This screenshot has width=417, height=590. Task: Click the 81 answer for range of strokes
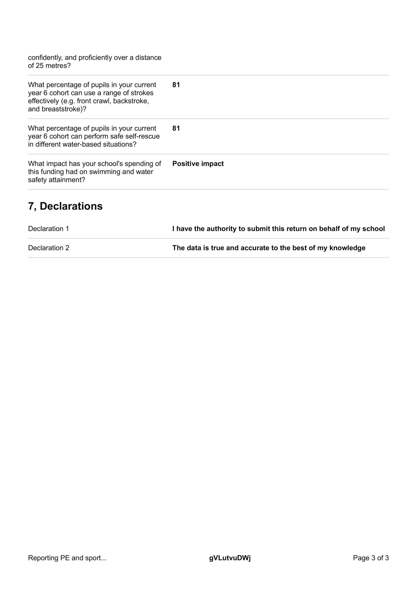coord(176,85)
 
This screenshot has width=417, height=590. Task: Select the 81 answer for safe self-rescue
coord(176,128)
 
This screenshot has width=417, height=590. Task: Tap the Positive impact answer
coord(198,164)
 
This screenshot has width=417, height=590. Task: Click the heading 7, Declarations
coord(65,206)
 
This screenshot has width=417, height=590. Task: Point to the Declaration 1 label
coord(49,229)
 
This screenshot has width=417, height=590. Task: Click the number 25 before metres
coord(40,66)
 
